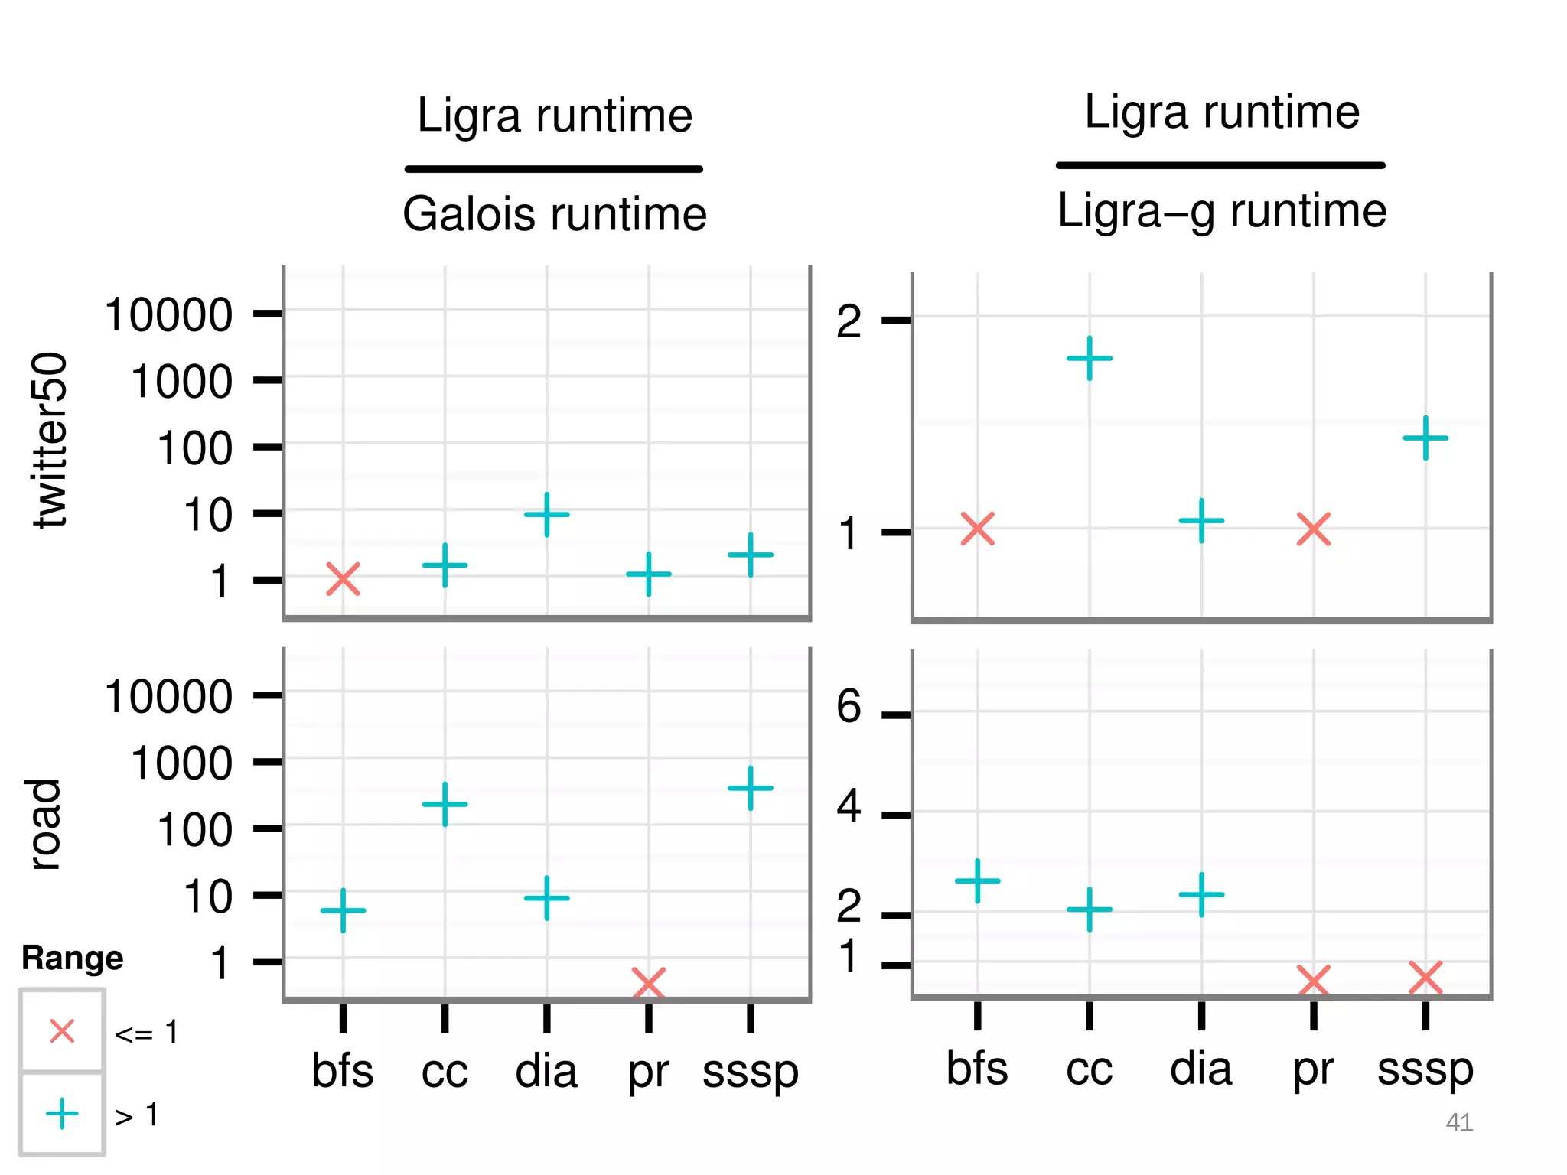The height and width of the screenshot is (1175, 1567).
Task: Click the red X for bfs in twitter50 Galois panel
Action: [343, 579]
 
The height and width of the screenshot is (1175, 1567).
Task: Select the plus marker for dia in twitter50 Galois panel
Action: [546, 514]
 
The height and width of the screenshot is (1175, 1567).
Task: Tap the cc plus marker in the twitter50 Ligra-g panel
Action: [1089, 358]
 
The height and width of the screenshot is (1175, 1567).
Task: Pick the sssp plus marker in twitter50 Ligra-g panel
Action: [1425, 438]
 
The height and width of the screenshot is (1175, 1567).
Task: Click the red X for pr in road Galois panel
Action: [648, 983]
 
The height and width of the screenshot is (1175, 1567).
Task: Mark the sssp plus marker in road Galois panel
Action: [750, 787]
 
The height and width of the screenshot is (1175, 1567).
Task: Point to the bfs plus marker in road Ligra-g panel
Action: [977, 880]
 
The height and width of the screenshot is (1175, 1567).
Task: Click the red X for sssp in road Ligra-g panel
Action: [1425, 978]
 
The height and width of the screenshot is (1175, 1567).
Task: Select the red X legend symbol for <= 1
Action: [62, 1030]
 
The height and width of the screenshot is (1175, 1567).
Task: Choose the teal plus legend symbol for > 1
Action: [62, 1113]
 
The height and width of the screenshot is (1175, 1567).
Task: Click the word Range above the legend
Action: [72, 958]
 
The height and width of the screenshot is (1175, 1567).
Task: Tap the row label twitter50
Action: [50, 440]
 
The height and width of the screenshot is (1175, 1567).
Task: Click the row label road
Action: [44, 824]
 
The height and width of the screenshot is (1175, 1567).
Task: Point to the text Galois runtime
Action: [555, 213]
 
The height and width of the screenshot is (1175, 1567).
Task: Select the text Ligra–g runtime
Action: [1221, 210]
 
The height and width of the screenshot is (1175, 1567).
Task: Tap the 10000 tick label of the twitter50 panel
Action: [168, 314]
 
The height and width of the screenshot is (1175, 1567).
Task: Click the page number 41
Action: [1459, 1122]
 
